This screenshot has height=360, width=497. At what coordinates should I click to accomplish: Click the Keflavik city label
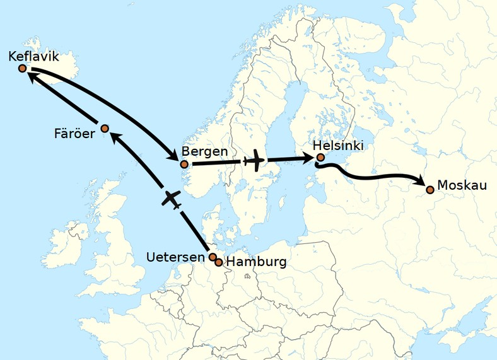coord(33,57)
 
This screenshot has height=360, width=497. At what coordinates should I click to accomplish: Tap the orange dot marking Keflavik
coord(23,68)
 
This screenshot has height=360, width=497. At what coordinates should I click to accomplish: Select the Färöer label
coord(74,133)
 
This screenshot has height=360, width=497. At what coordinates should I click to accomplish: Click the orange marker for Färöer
coord(105,129)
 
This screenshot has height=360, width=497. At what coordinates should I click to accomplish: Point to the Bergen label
coord(200,152)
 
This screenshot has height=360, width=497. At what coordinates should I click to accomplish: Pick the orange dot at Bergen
coord(184,165)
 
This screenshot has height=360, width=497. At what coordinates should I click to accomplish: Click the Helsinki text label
coord(338,145)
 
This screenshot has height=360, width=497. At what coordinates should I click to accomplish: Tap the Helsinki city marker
coord(320,157)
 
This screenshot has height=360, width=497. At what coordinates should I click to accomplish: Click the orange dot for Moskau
coord(430,189)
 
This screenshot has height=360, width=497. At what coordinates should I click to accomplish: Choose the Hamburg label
coord(255,262)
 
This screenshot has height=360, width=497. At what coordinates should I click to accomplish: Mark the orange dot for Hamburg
coord(219,262)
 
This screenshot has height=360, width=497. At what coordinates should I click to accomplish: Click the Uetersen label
coord(176,257)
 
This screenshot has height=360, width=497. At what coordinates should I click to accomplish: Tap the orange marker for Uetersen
coord(213,257)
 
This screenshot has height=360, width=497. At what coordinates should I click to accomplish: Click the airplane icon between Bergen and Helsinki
coord(255,161)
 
